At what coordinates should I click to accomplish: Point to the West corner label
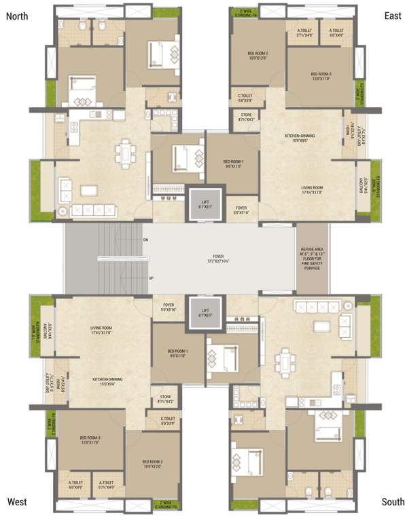tap(18, 502)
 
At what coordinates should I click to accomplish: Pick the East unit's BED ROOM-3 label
tap(321, 76)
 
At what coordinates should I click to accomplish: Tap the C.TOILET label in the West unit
tap(168, 421)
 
